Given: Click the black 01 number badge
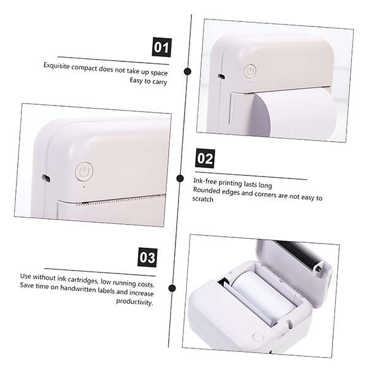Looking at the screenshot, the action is (162, 47).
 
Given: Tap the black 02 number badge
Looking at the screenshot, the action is (205, 158).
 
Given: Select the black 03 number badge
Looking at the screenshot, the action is (147, 258).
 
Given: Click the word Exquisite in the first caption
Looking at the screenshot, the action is (56, 66).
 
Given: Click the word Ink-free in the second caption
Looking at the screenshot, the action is (204, 181).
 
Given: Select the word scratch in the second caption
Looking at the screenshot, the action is (203, 199).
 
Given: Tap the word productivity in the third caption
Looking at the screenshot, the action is (134, 302).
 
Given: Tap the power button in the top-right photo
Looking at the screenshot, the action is (250, 71).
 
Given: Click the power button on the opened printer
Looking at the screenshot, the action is (258, 337).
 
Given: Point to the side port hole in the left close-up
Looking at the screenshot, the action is (46, 178).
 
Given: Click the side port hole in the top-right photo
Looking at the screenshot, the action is (221, 76).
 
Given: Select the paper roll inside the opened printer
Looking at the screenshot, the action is (263, 296).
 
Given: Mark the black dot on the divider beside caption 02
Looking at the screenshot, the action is (180, 178).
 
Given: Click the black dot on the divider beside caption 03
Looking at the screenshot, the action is (172, 288).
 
